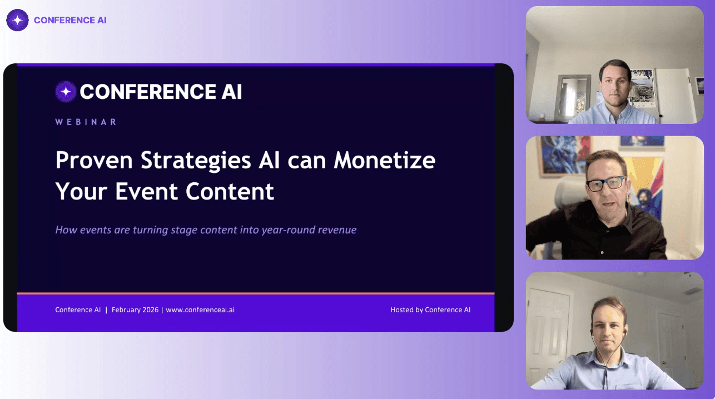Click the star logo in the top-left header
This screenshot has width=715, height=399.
[17, 20]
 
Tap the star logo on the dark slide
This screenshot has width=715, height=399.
[66, 92]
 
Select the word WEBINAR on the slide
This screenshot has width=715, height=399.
[86, 122]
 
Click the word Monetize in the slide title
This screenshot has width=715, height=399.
[384, 160]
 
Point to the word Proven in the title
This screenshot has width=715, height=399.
[94, 160]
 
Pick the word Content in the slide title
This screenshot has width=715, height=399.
[230, 191]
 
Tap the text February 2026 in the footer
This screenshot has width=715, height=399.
[135, 310]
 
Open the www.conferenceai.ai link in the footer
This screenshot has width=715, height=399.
[200, 310]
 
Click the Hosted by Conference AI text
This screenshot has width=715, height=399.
[430, 310]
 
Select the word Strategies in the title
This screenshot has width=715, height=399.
[196, 161]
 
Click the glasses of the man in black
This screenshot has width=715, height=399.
[605, 184]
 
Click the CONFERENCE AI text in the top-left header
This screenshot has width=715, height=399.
[70, 20]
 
